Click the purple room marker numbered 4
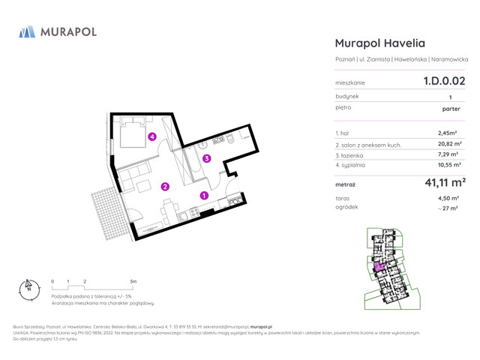(x=152, y=136)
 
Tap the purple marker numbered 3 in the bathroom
(x=206, y=158)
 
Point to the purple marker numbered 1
(x=204, y=196)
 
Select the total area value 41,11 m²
(x=445, y=182)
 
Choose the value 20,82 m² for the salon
(x=451, y=143)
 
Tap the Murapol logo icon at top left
(x=26, y=31)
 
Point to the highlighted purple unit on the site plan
(x=379, y=265)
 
